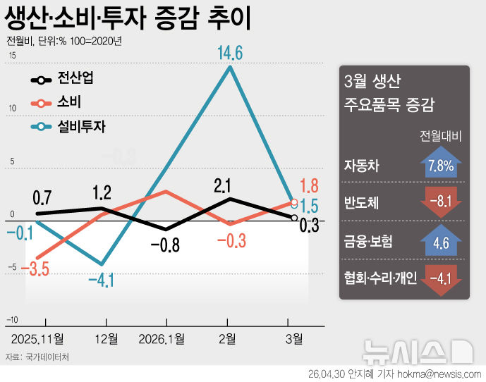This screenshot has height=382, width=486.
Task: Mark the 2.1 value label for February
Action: tap(223, 186)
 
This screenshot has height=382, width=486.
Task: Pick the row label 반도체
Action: tap(362, 202)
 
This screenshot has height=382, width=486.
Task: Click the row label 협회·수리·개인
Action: tap(381, 277)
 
